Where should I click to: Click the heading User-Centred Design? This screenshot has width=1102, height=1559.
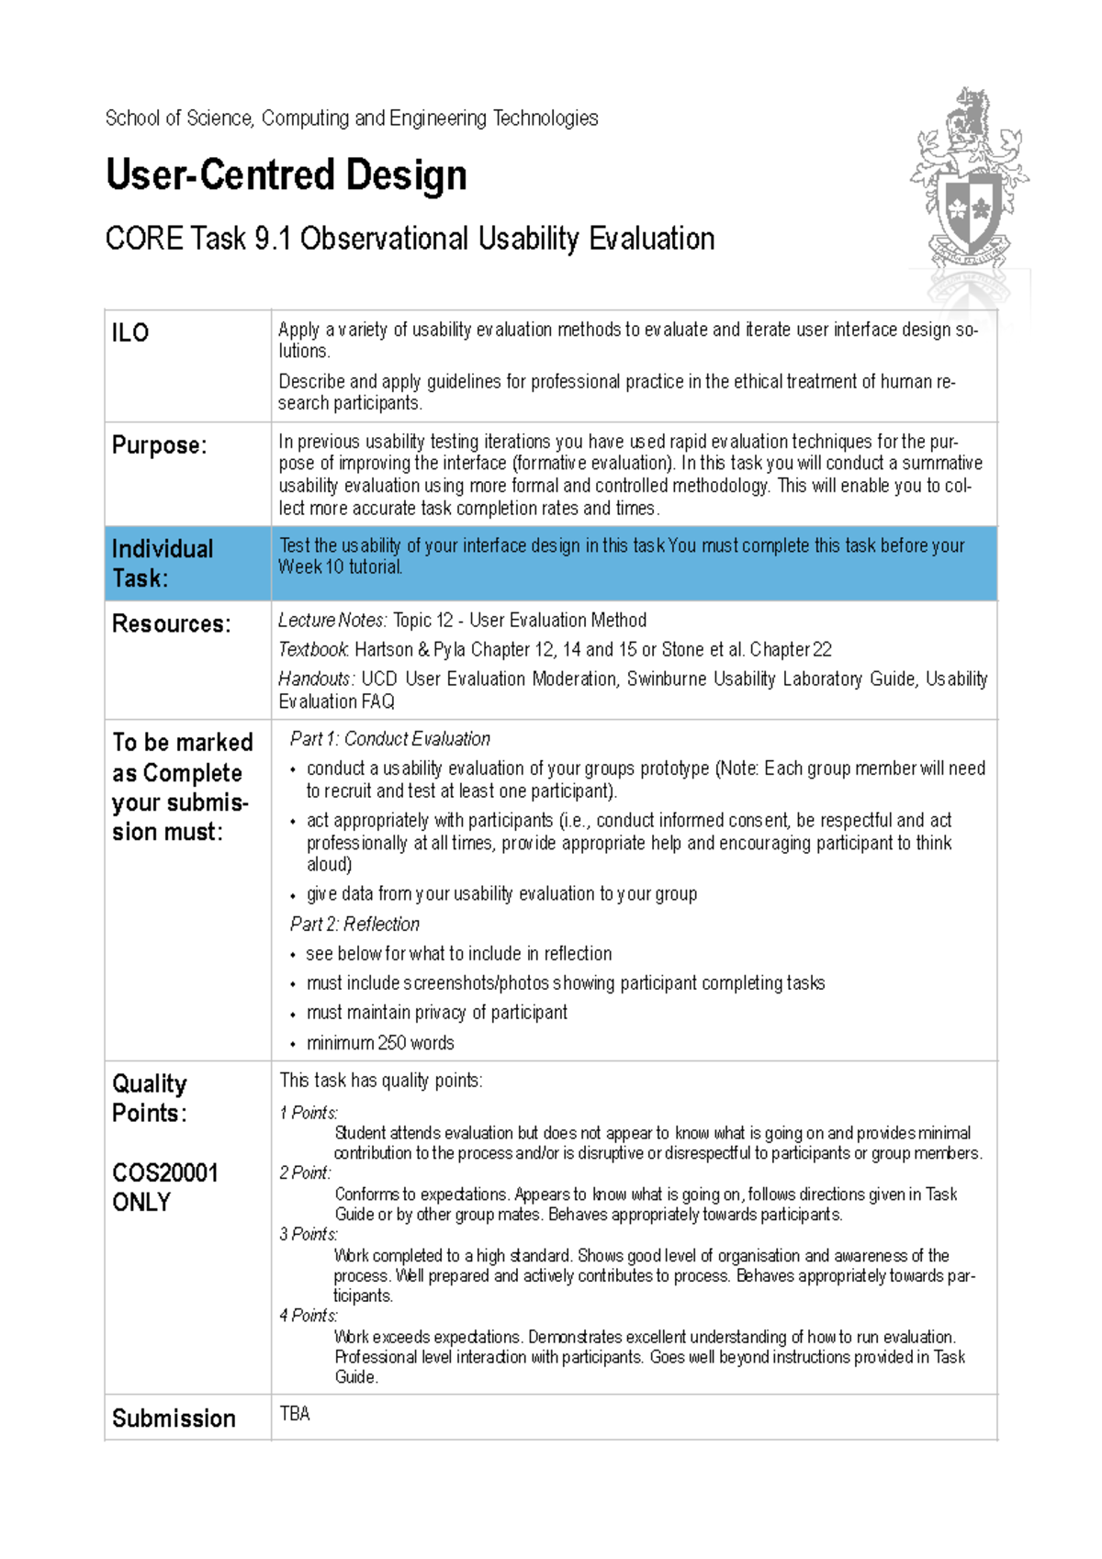[x=286, y=175]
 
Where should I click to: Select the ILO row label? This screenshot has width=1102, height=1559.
[x=130, y=332]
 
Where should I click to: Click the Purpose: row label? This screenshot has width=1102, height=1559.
[x=159, y=445]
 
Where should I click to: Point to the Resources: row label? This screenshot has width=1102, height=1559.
[x=171, y=624]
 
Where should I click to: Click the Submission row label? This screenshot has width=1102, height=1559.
[x=174, y=1419]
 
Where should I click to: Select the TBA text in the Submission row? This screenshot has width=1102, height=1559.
[x=295, y=1414]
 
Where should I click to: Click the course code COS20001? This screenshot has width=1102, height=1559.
[x=165, y=1173]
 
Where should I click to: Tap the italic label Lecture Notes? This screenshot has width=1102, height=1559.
[x=332, y=621]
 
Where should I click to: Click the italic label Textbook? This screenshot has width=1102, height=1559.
[x=313, y=650]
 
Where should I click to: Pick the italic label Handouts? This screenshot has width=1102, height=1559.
[x=316, y=679]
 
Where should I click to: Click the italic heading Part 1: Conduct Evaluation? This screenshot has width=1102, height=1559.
[x=389, y=739]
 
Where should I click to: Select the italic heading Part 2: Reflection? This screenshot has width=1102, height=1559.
[x=354, y=925]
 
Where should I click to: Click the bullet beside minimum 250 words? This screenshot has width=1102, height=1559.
[x=293, y=1045]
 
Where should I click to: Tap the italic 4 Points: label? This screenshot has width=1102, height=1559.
[x=309, y=1316]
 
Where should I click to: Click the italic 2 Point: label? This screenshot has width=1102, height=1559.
[x=305, y=1173]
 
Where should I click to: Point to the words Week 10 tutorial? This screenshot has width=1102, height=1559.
[x=341, y=567]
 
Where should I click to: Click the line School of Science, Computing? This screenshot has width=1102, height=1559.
[x=352, y=118]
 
